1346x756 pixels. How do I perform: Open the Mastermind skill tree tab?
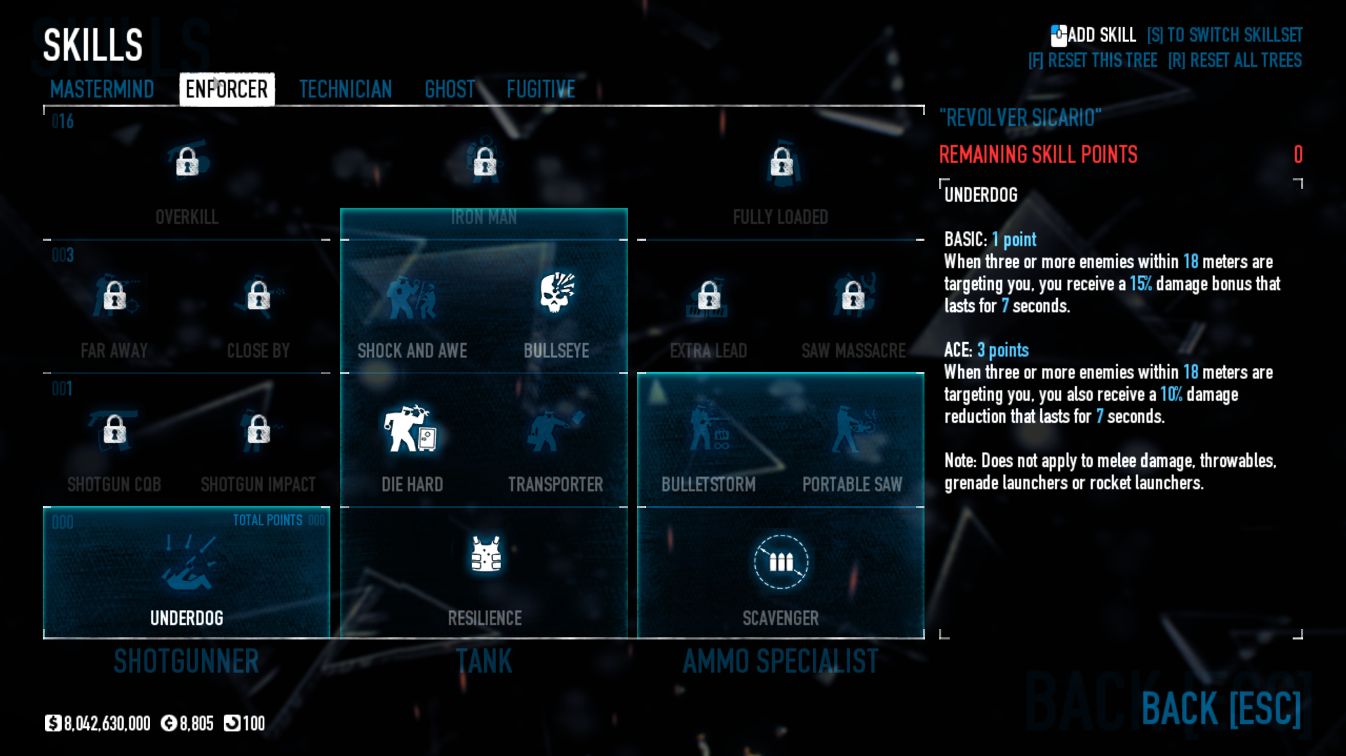(x=102, y=90)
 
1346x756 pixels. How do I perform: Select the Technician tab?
(x=345, y=90)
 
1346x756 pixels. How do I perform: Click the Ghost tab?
(x=450, y=90)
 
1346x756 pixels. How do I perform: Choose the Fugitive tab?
(x=541, y=90)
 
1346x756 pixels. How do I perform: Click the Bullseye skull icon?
(x=557, y=292)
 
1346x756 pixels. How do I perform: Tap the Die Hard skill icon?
(x=411, y=428)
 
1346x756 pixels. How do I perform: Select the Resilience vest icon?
(x=485, y=555)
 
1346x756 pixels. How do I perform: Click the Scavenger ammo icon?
(x=781, y=562)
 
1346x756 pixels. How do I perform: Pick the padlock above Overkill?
(x=187, y=161)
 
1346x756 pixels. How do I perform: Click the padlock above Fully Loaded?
(x=781, y=161)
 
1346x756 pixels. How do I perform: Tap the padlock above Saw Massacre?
(x=853, y=295)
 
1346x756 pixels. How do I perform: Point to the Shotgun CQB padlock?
(x=114, y=429)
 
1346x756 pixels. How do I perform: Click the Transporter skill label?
(x=556, y=484)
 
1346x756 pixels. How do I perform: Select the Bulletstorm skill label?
(x=708, y=484)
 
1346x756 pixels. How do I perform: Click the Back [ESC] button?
(x=1221, y=708)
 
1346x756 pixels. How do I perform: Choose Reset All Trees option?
(x=1234, y=60)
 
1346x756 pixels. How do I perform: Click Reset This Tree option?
(x=1093, y=60)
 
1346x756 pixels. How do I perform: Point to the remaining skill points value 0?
(x=1298, y=154)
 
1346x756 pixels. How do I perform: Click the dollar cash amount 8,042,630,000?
(x=107, y=724)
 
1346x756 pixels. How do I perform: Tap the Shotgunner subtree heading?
(x=187, y=661)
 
